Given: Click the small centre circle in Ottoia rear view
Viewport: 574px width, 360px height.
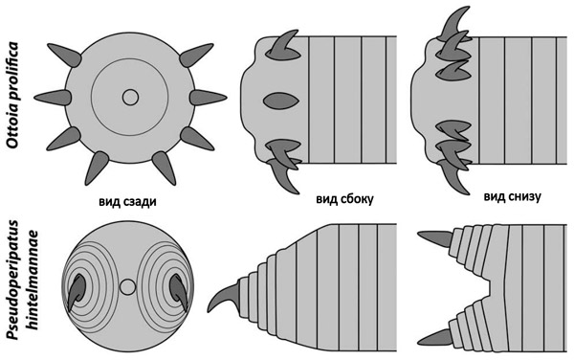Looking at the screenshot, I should point(130,97).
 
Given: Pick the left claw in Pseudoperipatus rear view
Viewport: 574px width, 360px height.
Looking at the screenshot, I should point(76,287).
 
